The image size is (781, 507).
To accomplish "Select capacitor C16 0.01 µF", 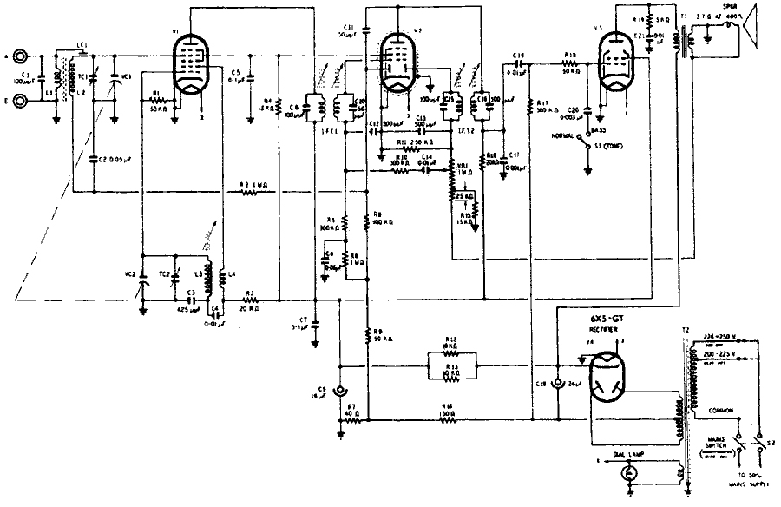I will (518, 63).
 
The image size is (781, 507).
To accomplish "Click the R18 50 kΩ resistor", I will (570, 64).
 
